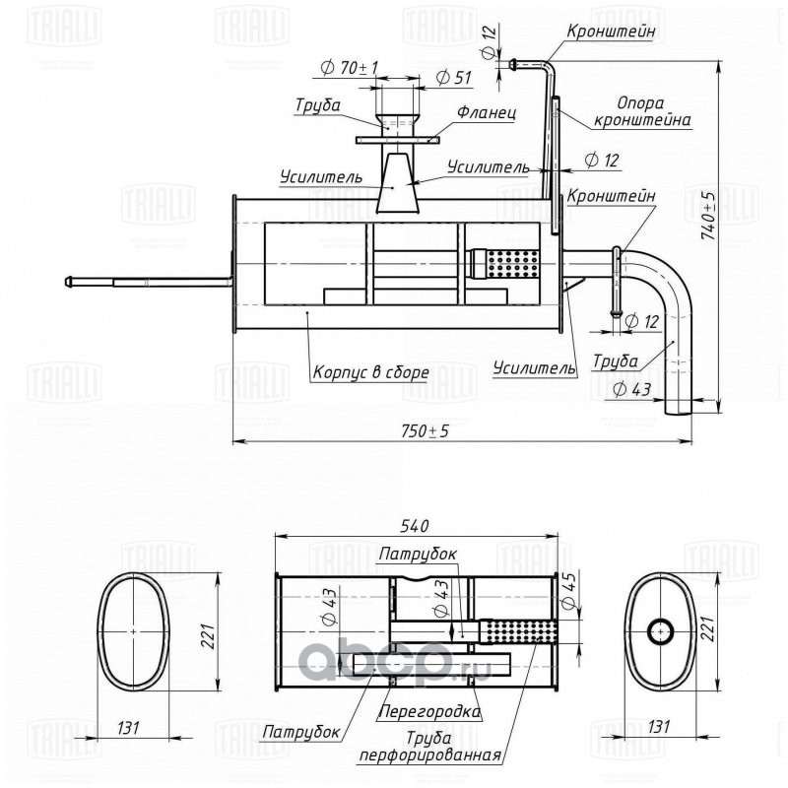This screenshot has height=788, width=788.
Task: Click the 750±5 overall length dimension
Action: pyautogui.click(x=425, y=430)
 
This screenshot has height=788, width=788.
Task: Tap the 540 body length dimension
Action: pyautogui.click(x=415, y=526)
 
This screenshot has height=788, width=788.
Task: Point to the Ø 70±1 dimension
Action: pyautogui.click(x=349, y=67)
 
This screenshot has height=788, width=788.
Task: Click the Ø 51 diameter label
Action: pyautogui.click(x=454, y=78)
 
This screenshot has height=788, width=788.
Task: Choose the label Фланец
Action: pyautogui.click(x=486, y=112)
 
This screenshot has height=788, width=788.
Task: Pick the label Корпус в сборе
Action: pyautogui.click(x=371, y=372)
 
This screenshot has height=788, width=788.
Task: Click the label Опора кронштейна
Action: pyautogui.click(x=642, y=111)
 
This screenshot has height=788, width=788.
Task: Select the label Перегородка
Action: pyautogui.click(x=429, y=711)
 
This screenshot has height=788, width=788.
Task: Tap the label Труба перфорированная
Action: pyautogui.click(x=428, y=747)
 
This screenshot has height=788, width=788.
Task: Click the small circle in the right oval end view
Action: pyautogui.click(x=661, y=630)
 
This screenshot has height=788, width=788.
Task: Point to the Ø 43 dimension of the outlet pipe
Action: pyautogui.click(x=631, y=389)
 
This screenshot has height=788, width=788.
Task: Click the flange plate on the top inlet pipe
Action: pyautogui.click(x=398, y=140)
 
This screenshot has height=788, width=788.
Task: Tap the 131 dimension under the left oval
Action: pyautogui.click(x=128, y=727)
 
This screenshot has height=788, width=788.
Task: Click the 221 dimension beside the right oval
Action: pyautogui.click(x=708, y=628)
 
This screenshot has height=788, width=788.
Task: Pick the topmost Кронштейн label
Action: pyautogui.click(x=611, y=31)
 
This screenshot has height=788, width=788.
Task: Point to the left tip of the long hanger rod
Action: pyautogui.click(x=66, y=282)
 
